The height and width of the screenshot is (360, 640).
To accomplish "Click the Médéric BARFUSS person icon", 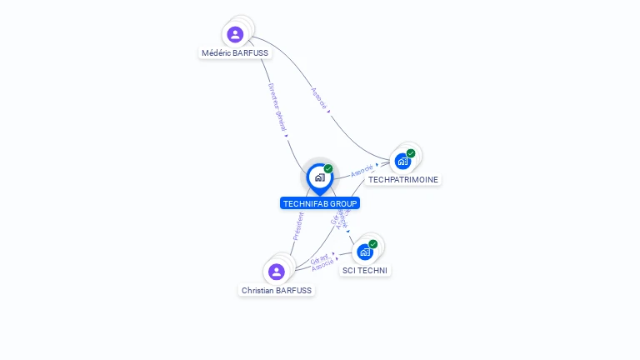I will click(235, 34).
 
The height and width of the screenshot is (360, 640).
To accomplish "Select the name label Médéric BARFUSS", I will click(236, 52).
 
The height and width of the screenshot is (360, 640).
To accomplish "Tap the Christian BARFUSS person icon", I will click(277, 272).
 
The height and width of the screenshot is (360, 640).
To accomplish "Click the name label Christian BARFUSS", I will click(277, 291).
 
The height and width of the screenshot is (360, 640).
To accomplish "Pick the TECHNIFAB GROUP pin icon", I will click(319, 177).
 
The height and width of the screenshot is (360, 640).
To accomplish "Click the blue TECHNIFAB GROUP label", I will click(320, 203).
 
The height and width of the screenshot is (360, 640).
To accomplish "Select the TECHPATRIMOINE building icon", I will click(403, 161).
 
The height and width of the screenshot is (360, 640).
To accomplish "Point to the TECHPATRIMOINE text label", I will click(403, 179).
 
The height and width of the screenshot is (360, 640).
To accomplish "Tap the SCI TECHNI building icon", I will click(365, 252).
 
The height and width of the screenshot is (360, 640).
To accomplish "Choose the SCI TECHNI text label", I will click(365, 270).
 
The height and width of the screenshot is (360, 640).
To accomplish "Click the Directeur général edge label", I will click(277, 107).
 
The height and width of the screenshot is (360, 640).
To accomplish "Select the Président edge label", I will click(299, 226).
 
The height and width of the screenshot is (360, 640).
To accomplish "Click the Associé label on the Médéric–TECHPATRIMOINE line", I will click(319, 99).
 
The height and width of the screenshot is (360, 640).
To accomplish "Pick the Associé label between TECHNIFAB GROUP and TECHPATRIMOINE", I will click(362, 171).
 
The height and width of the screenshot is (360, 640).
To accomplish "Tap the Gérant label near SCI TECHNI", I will click(320, 259).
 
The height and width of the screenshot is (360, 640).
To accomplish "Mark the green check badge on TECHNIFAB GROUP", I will click(328, 169).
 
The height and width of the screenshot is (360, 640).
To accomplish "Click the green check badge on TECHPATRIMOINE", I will click(411, 153).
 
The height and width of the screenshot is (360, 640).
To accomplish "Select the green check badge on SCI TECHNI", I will click(372, 244).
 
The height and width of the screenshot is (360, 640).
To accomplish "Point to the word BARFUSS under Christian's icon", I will click(295, 291).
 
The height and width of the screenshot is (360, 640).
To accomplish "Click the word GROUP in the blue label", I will click(343, 203).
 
